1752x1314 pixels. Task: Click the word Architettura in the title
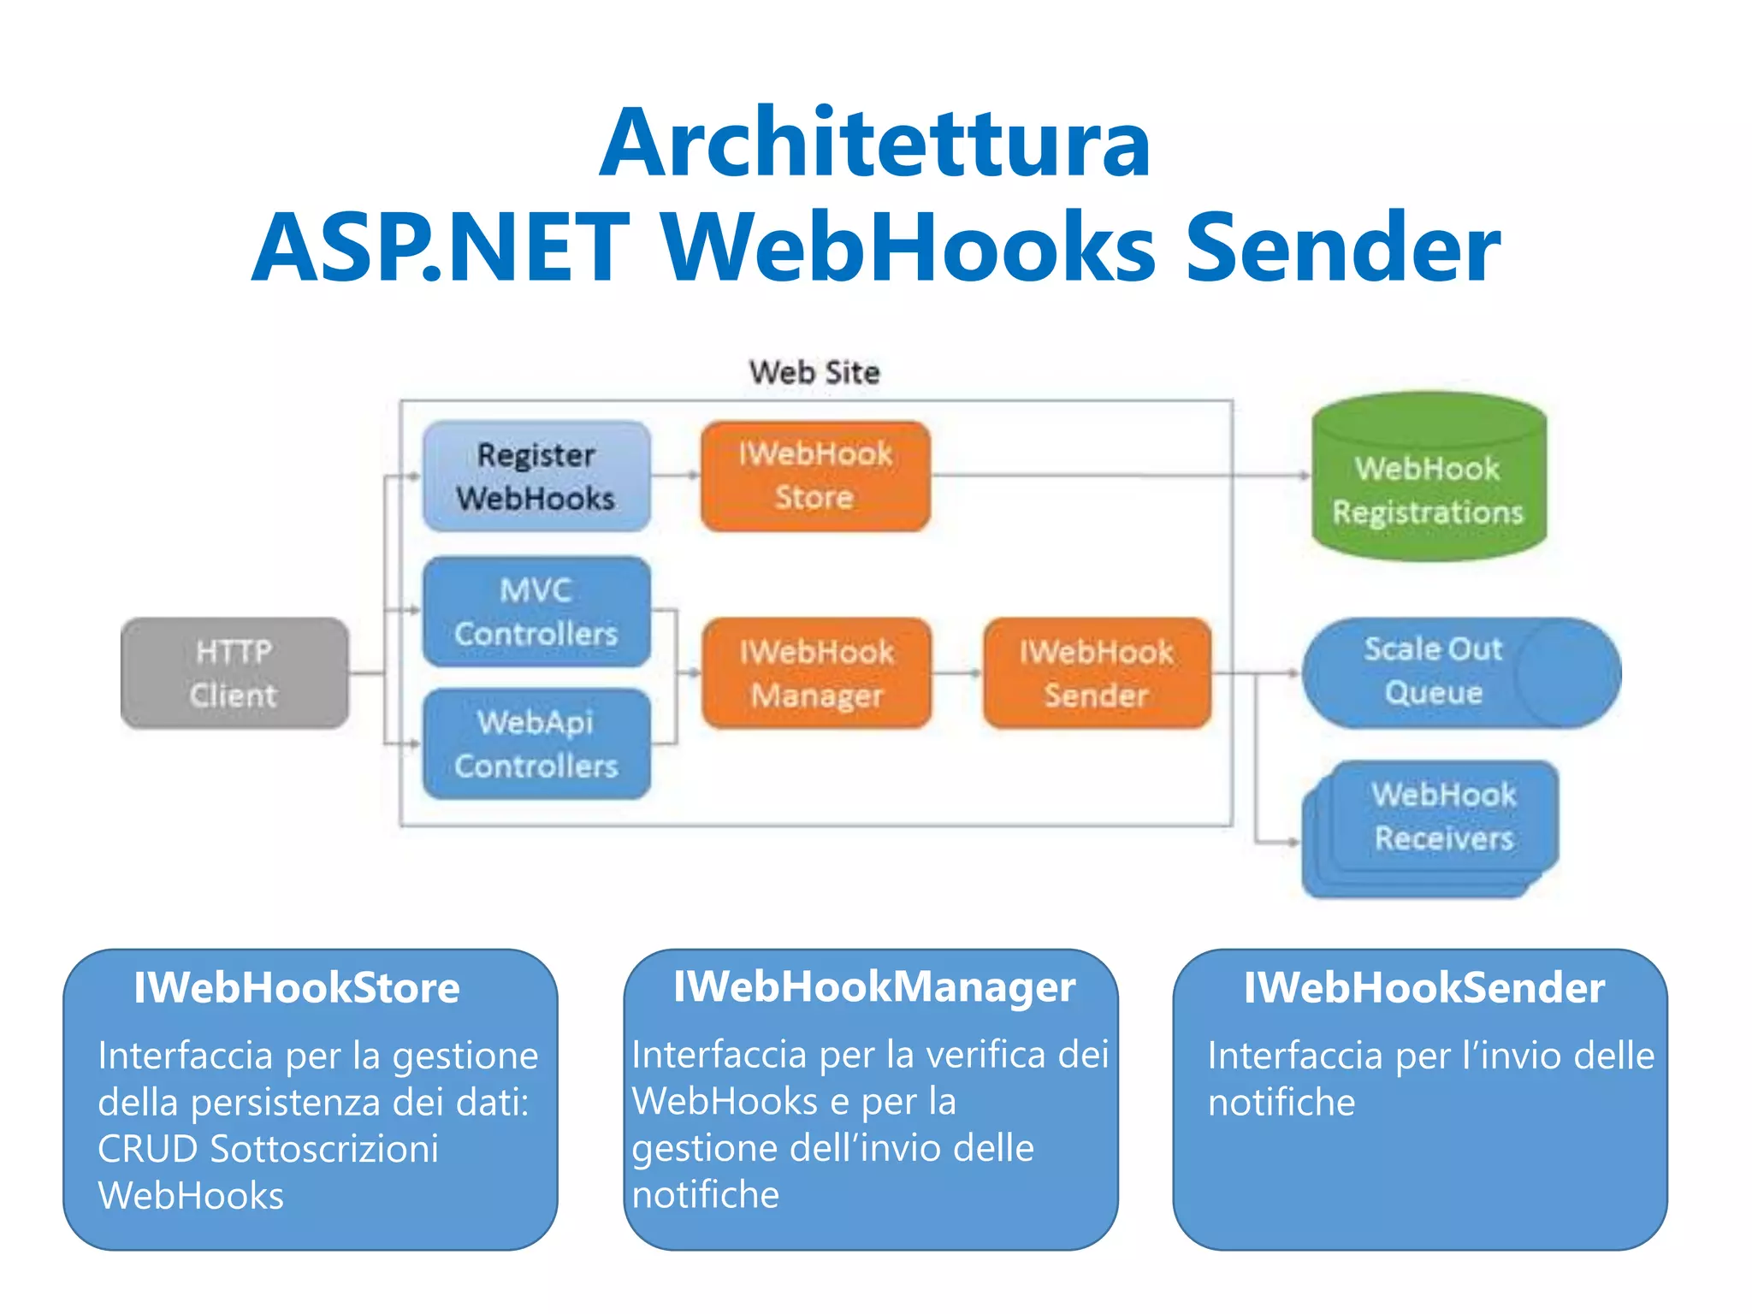[874, 144]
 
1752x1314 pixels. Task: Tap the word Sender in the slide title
[1342, 248]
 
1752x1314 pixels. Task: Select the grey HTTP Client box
[234, 673]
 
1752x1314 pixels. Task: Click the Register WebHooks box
[536, 476]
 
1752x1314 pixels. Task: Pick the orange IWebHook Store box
[814, 476]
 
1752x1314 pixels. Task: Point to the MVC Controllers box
[536, 612]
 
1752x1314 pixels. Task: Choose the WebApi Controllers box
[536, 743]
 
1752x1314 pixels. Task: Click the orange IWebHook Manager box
[816, 673]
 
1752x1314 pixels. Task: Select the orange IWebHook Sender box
[1096, 673]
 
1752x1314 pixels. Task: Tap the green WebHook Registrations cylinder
[1428, 489]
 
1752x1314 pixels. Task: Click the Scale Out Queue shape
[1434, 672]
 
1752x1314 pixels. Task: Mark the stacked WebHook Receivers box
[1443, 817]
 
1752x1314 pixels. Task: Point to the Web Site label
[814, 372]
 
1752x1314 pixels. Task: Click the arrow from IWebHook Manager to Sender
[956, 673]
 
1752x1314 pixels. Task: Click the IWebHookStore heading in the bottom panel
[296, 988]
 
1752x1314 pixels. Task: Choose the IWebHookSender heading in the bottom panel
[1423, 988]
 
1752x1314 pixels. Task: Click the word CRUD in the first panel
[147, 1149]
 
